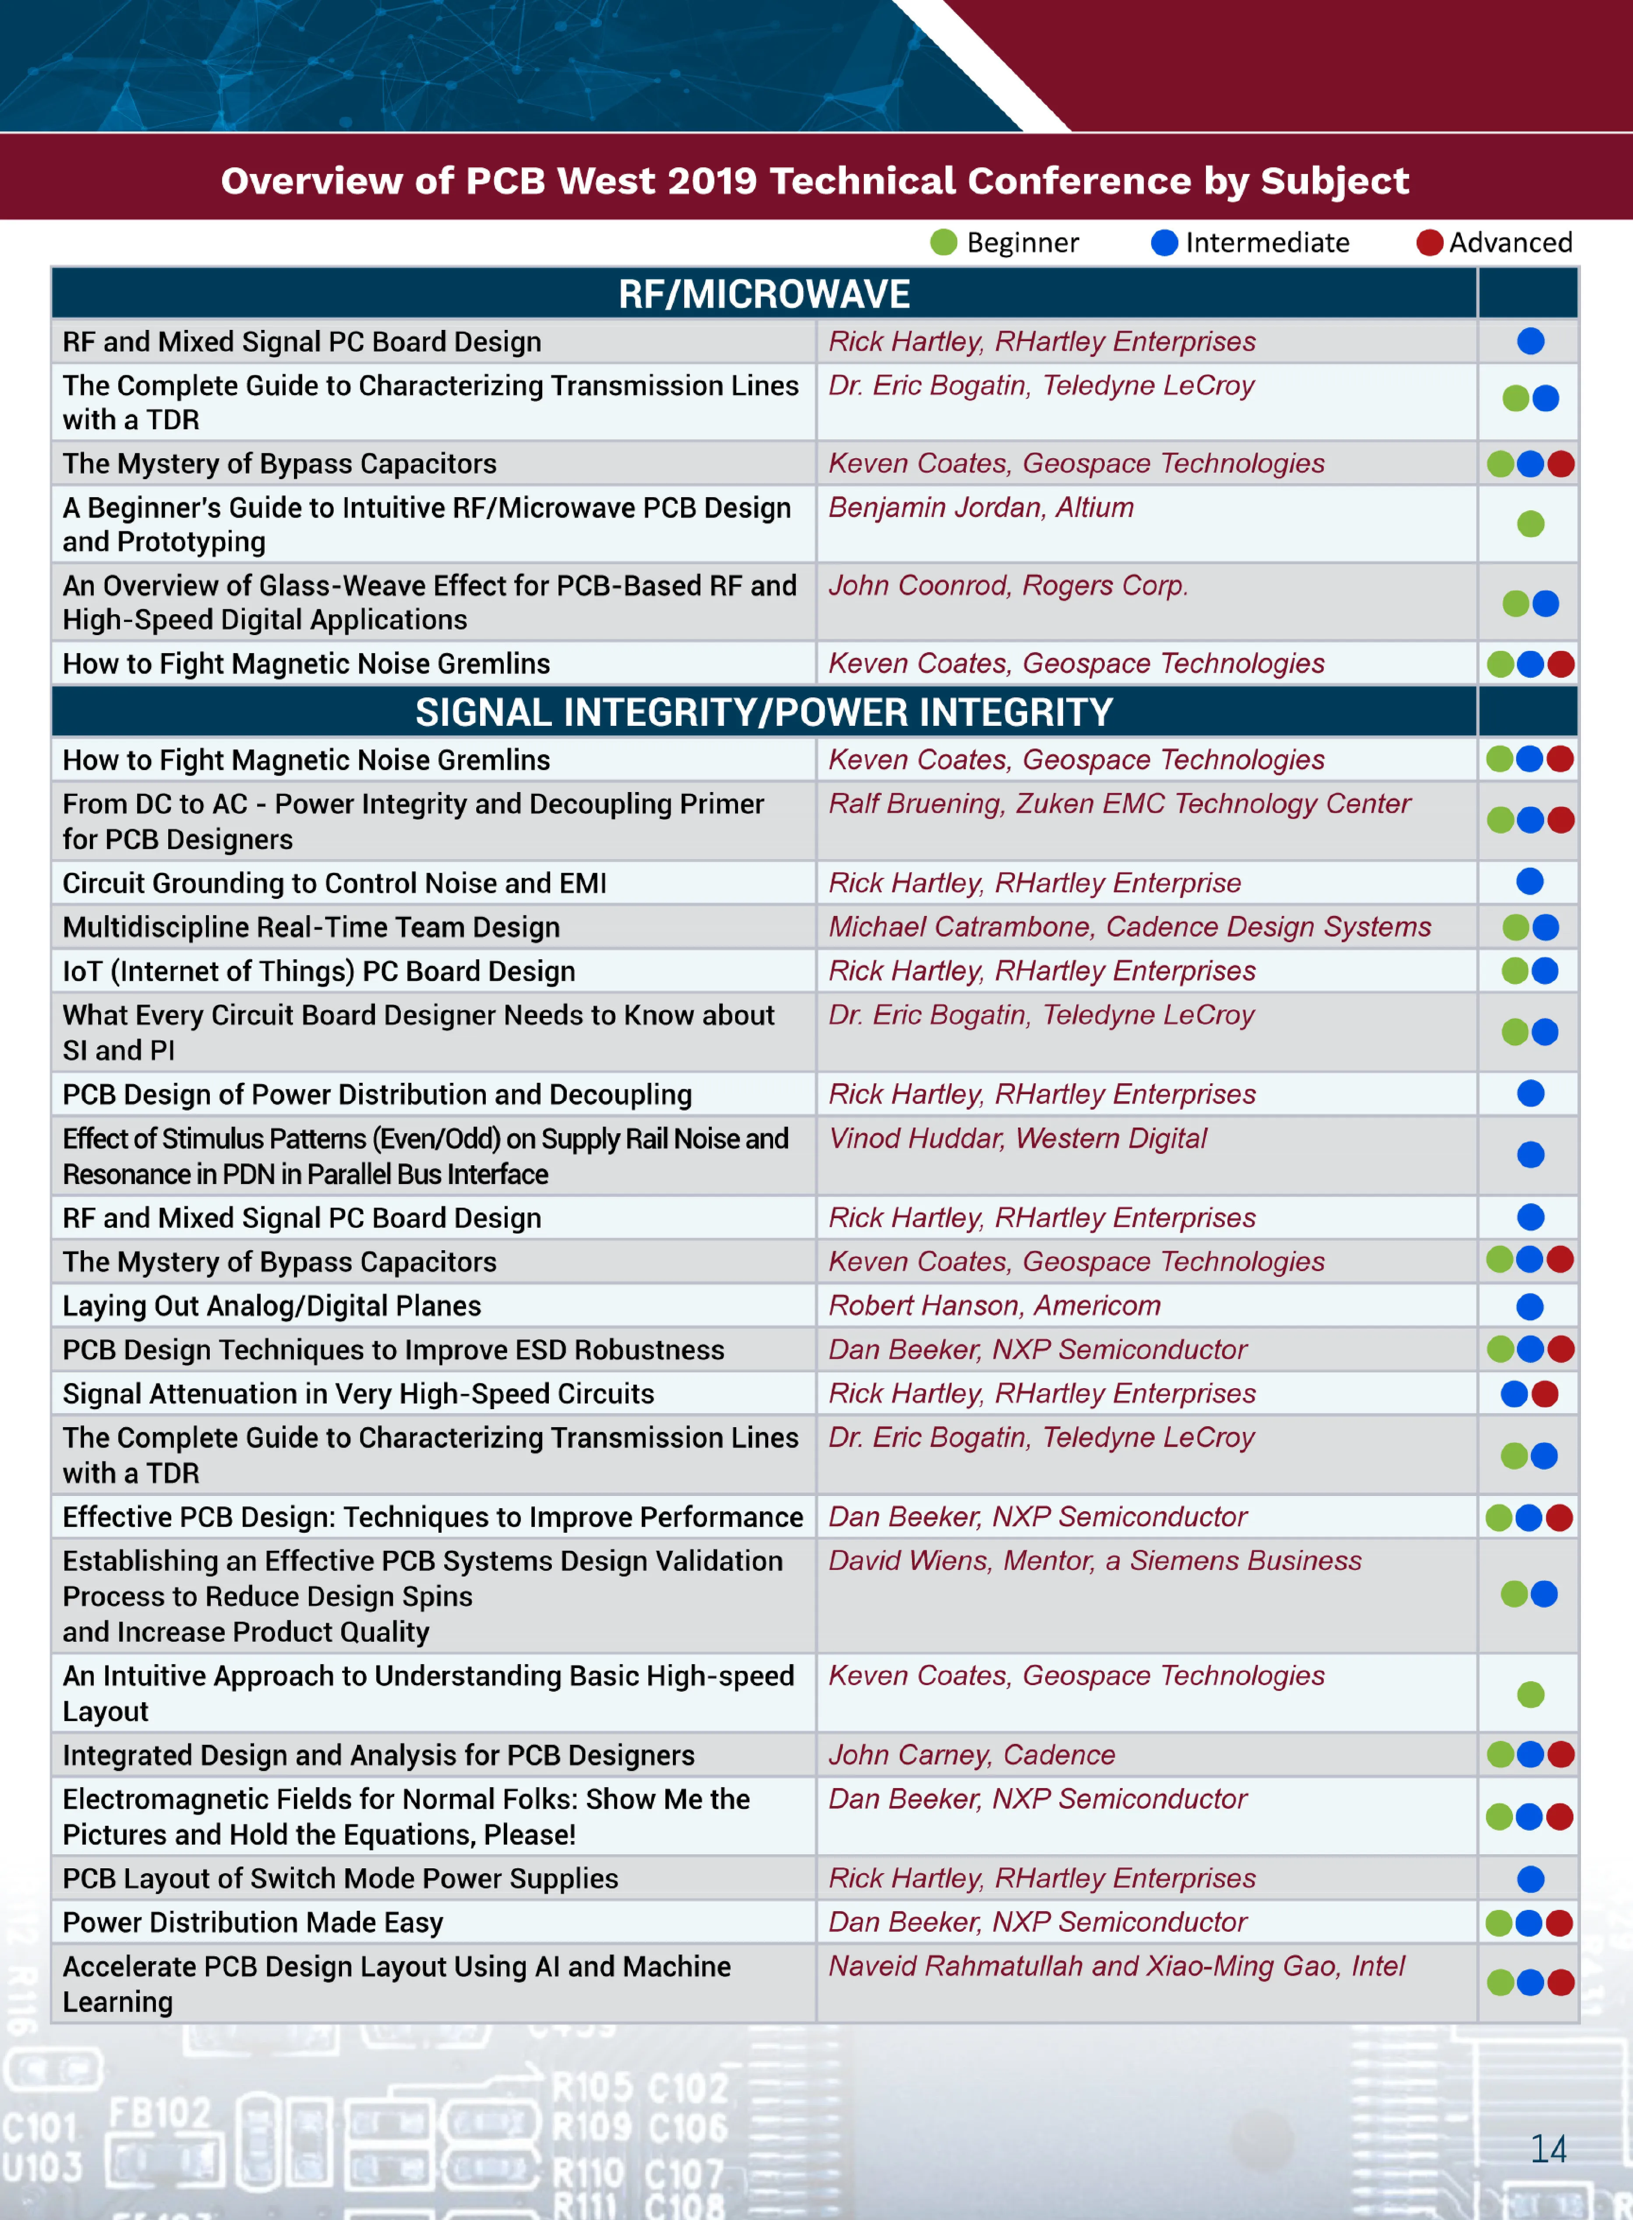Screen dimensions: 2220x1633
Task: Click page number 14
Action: point(1548,2148)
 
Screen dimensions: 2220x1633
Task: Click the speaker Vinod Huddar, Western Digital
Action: point(1017,1138)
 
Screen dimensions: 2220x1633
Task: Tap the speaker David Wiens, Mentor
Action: point(1094,1561)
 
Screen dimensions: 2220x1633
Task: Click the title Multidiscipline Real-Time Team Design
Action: point(311,927)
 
